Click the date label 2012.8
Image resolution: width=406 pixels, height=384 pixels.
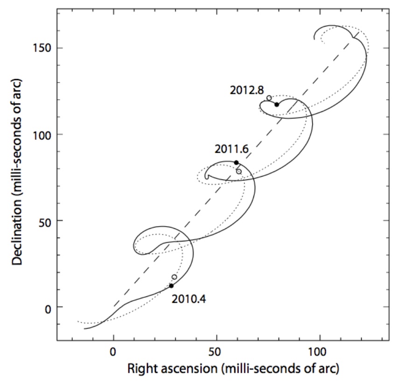(x=247, y=90)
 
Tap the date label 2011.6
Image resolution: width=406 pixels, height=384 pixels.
(x=231, y=150)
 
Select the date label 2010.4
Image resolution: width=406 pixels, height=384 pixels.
(x=189, y=299)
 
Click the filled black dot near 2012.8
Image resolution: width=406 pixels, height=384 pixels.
(x=277, y=104)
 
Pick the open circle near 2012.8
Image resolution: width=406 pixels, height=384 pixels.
(x=269, y=98)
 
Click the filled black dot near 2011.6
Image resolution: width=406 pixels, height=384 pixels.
(x=236, y=162)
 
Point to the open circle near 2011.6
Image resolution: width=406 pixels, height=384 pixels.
(x=239, y=171)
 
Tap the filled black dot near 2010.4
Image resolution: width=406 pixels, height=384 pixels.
(x=172, y=286)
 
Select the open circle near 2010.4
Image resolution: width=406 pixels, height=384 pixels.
(x=175, y=277)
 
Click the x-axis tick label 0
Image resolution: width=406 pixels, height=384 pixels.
(x=113, y=353)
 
